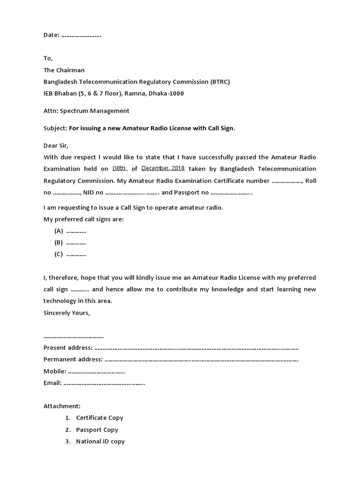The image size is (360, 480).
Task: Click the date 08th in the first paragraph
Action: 120,169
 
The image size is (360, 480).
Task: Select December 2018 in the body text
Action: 163,169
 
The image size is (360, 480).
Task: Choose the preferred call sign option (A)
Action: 59,231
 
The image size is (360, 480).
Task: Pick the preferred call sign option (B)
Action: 59,243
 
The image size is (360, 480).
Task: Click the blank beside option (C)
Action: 76,255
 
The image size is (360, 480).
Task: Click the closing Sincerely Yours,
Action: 67,312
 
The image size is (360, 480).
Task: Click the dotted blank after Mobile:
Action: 97,371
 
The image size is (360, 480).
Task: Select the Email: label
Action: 52,383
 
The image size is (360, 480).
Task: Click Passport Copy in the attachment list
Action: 97,429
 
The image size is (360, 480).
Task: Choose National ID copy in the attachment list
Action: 100,441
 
